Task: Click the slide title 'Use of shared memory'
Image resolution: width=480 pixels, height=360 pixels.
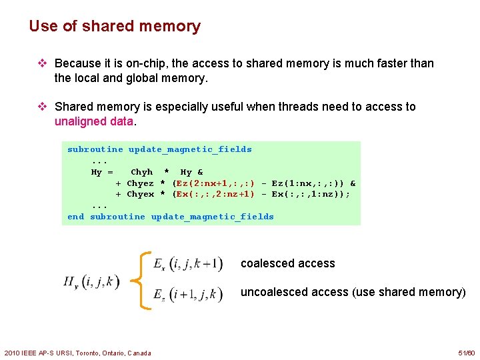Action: [x=115, y=27]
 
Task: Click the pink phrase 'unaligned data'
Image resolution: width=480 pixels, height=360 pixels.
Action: [x=94, y=121]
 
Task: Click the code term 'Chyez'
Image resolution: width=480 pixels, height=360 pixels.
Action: [x=140, y=183]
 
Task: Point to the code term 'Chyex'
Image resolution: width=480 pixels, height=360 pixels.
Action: [x=140, y=194]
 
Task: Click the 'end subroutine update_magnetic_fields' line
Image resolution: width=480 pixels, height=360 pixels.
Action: [x=171, y=217]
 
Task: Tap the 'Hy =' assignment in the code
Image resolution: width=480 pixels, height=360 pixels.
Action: [x=101, y=172]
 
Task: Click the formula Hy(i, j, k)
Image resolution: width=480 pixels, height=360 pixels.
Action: [x=91, y=282]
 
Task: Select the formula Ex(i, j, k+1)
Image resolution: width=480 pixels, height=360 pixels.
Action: [x=187, y=263]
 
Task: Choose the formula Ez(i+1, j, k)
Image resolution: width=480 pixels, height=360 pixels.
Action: [x=187, y=293]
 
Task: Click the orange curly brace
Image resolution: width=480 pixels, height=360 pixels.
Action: [x=141, y=279]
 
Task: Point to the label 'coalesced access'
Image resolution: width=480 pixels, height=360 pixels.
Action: [x=287, y=263]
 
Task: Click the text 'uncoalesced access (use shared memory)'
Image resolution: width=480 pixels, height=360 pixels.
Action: [x=353, y=292]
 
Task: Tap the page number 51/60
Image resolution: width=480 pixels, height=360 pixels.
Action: [x=467, y=353]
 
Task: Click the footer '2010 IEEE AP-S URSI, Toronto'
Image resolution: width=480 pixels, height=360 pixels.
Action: [x=77, y=353]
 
